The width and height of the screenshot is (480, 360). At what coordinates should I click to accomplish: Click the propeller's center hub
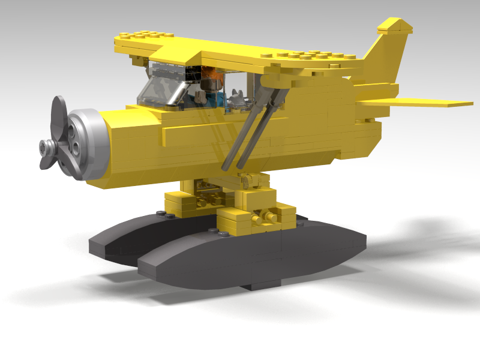pos(46,145)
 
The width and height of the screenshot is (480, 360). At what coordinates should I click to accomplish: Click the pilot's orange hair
pos(212,77)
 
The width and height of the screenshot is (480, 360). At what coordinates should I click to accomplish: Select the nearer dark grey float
pos(252,252)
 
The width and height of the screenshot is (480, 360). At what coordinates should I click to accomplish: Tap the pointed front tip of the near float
pos(144,268)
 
